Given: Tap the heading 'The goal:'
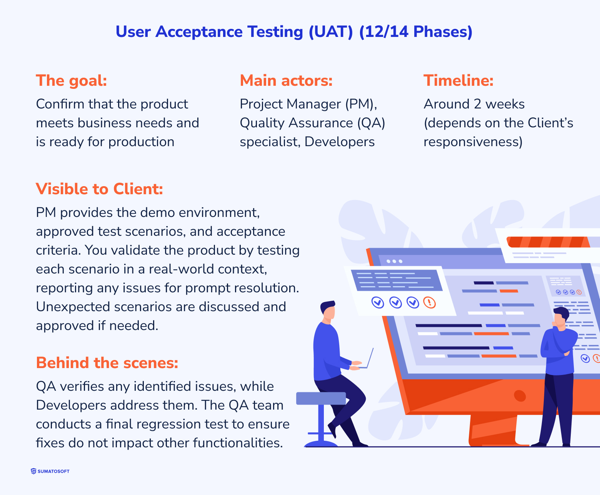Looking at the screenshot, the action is [x=72, y=80].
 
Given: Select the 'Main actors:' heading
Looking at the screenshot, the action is [x=286, y=80].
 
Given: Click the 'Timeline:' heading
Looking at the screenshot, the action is [x=458, y=80].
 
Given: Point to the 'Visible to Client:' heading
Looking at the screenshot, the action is [x=100, y=189].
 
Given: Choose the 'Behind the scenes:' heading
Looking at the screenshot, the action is [x=107, y=363].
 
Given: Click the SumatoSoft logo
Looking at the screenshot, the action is [x=50, y=471].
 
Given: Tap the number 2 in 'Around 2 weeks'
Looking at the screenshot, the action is [x=478, y=104].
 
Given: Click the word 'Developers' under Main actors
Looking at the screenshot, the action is [x=340, y=142].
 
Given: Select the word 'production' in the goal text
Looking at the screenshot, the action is [x=142, y=142].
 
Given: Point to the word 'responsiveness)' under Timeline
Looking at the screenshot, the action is [x=473, y=142].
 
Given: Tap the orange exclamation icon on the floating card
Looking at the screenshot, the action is [x=430, y=303].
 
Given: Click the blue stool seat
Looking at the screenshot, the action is [x=321, y=398].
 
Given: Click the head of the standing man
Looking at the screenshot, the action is [x=561, y=317].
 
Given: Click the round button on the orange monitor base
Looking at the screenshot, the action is [x=520, y=395].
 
